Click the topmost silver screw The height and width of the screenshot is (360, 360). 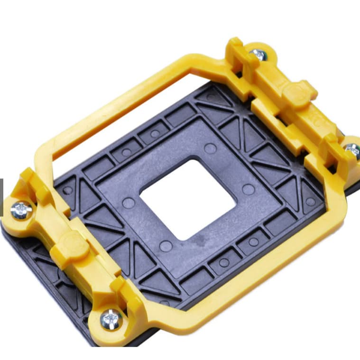click(259, 54)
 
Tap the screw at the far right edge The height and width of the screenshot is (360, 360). click(352, 150)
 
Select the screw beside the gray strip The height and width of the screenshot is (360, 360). click(21, 210)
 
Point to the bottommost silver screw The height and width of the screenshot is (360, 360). click(111, 319)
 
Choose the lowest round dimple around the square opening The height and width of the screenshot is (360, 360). click(166, 246)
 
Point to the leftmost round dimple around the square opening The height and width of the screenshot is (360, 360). click(128, 203)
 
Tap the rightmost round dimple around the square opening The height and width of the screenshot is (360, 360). click(248, 190)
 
